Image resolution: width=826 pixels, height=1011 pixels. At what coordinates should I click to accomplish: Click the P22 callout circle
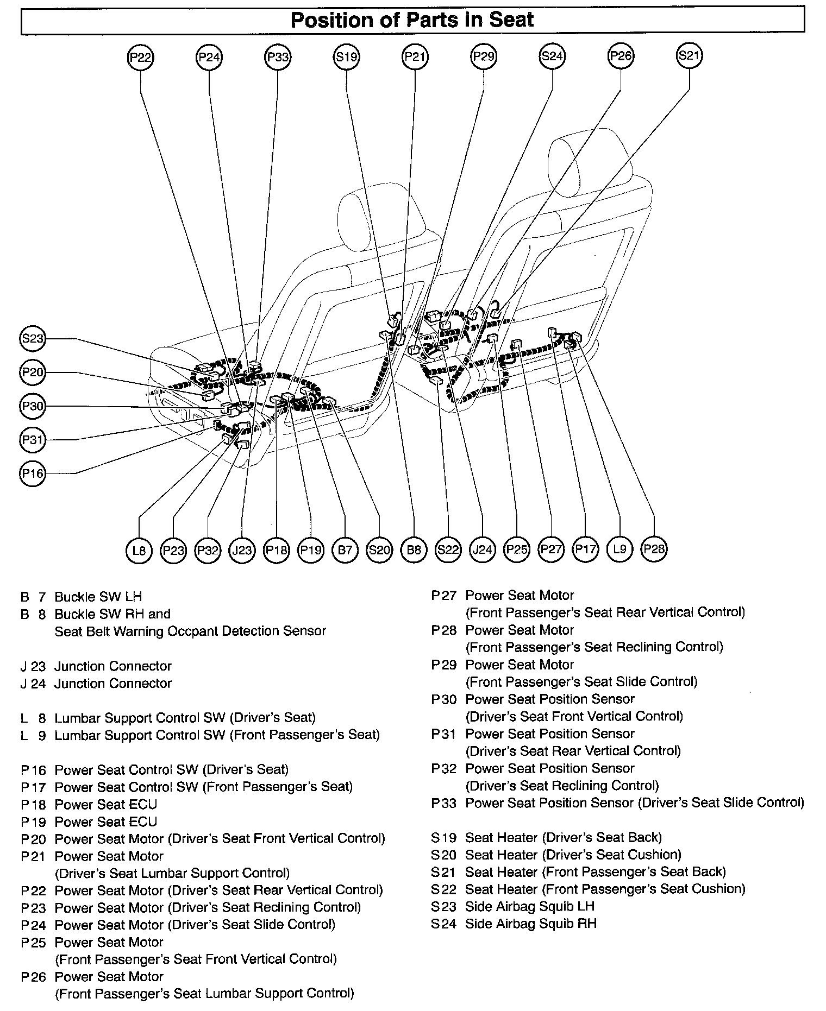pos(140,58)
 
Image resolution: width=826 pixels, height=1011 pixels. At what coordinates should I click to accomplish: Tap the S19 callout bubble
pos(346,58)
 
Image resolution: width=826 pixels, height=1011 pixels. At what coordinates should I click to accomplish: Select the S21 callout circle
pos(689,56)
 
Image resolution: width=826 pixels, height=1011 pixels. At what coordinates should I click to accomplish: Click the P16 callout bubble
pos(32,473)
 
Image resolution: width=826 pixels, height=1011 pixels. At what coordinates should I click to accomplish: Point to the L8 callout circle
pos(139,550)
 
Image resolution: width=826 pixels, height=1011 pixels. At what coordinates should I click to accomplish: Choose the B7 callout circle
pos(345,550)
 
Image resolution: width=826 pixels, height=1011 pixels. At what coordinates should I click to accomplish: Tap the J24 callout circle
pos(482,550)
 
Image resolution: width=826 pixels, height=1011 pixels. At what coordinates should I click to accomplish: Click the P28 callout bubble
pos(654,549)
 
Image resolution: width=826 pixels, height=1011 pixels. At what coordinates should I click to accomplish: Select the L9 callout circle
pos(619,549)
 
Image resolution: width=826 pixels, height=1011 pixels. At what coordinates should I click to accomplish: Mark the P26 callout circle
pos(621,56)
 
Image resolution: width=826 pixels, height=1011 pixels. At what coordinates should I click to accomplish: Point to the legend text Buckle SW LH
pos(98,597)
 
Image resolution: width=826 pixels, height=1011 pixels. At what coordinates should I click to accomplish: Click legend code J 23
pos(33,666)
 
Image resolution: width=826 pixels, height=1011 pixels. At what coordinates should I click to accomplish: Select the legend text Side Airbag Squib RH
pos(530,923)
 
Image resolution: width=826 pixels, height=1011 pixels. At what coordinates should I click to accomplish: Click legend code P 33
pos(443,803)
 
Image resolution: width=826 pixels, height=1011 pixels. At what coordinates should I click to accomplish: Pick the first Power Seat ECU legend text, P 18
pos(106,804)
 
